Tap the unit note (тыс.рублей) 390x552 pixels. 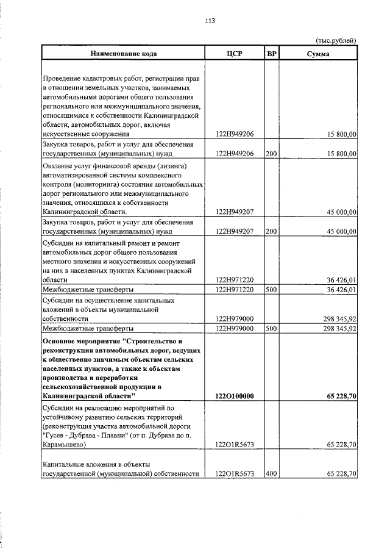coord(335,40)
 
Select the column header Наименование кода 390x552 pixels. coord(124,54)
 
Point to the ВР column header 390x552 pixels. coord(272,54)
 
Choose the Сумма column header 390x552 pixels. coord(318,54)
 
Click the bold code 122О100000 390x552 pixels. coord(235,396)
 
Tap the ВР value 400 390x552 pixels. coord(271,473)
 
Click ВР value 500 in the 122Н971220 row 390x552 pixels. coord(271,289)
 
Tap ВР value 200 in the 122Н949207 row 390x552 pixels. coord(271,231)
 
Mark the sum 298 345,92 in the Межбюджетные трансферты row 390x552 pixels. coord(339,328)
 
